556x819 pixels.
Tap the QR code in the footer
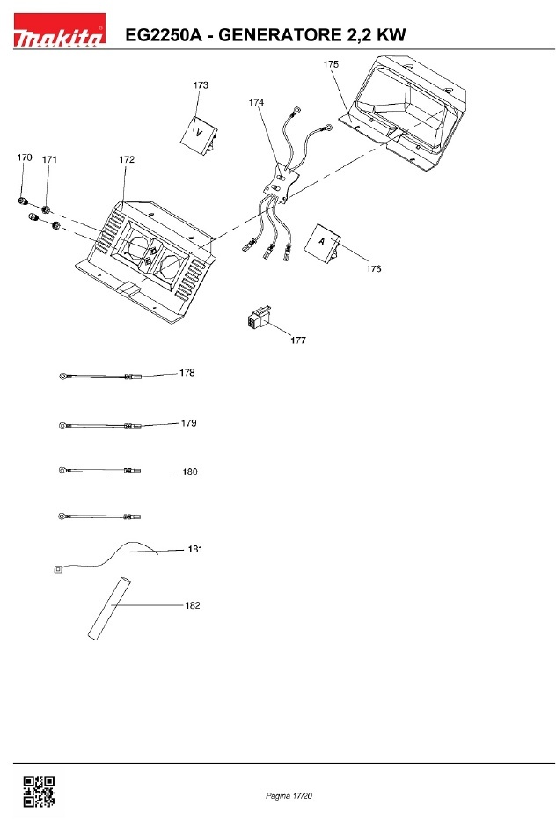38,791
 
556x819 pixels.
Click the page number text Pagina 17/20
289,796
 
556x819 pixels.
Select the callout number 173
201,85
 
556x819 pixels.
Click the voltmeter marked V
200,133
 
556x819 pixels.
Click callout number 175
331,65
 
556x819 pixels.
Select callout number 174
256,103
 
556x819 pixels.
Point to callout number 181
195,549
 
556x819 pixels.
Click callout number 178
187,373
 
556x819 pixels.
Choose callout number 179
188,423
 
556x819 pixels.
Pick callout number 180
190,472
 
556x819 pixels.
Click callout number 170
25,157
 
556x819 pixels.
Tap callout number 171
49,160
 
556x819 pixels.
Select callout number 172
127,160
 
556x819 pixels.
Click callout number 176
374,269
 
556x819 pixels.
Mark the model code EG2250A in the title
164,34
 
